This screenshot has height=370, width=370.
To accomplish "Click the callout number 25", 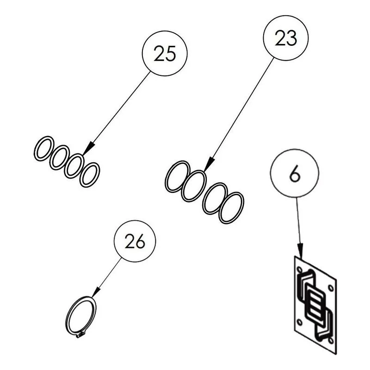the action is coord(165,54).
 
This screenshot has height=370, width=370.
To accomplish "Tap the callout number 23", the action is coord(286,38).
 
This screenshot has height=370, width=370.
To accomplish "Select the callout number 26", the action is coord(135,241).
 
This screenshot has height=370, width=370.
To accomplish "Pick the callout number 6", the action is coord(295,174).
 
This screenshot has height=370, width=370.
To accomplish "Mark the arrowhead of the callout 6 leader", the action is coord(300,251).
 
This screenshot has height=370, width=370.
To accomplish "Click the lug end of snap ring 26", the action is coord(80,334).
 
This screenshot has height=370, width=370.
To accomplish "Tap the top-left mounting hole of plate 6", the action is coord(300,269).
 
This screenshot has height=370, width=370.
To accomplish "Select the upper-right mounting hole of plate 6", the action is coord(331,288).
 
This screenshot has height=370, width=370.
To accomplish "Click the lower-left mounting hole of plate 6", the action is coord(300,322).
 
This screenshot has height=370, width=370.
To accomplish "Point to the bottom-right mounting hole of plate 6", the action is coord(331,340).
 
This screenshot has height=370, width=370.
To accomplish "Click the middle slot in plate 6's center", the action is coord(315,305).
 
